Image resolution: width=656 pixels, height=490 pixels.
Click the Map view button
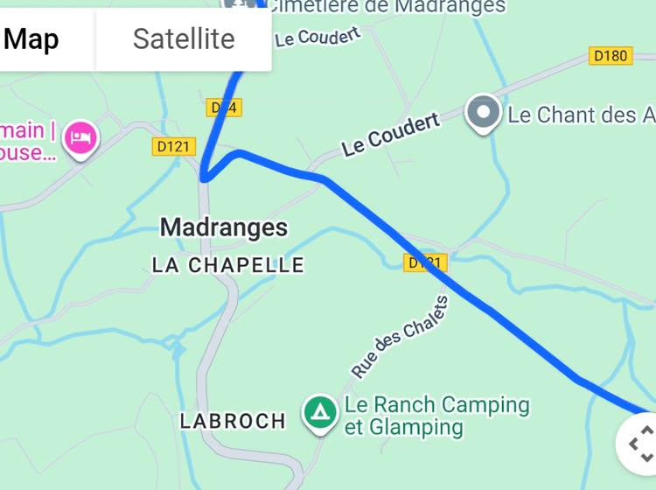click(32, 38)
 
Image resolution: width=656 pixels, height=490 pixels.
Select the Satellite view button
click(184, 38)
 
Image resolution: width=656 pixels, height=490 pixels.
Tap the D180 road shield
click(610, 56)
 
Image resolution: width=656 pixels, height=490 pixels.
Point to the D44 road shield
click(224, 108)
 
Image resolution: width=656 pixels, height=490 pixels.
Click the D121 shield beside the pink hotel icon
click(173, 146)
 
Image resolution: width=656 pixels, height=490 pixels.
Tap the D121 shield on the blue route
click(425, 262)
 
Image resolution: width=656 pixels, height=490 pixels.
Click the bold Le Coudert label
click(390, 136)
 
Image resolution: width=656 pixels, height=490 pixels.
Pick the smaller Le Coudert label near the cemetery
click(318, 37)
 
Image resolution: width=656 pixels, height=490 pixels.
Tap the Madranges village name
click(223, 227)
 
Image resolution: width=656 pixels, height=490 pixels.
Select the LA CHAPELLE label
click(227, 265)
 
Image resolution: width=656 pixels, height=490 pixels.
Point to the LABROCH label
click(233, 421)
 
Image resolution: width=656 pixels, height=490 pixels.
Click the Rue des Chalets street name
click(400, 337)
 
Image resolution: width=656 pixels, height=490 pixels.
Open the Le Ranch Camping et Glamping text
click(436, 416)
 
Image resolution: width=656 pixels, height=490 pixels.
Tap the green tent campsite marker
click(320, 411)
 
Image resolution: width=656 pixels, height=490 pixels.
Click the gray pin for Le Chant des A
click(483, 114)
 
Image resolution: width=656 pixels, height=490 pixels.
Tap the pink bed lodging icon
click(81, 137)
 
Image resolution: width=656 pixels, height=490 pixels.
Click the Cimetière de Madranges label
click(385, 7)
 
